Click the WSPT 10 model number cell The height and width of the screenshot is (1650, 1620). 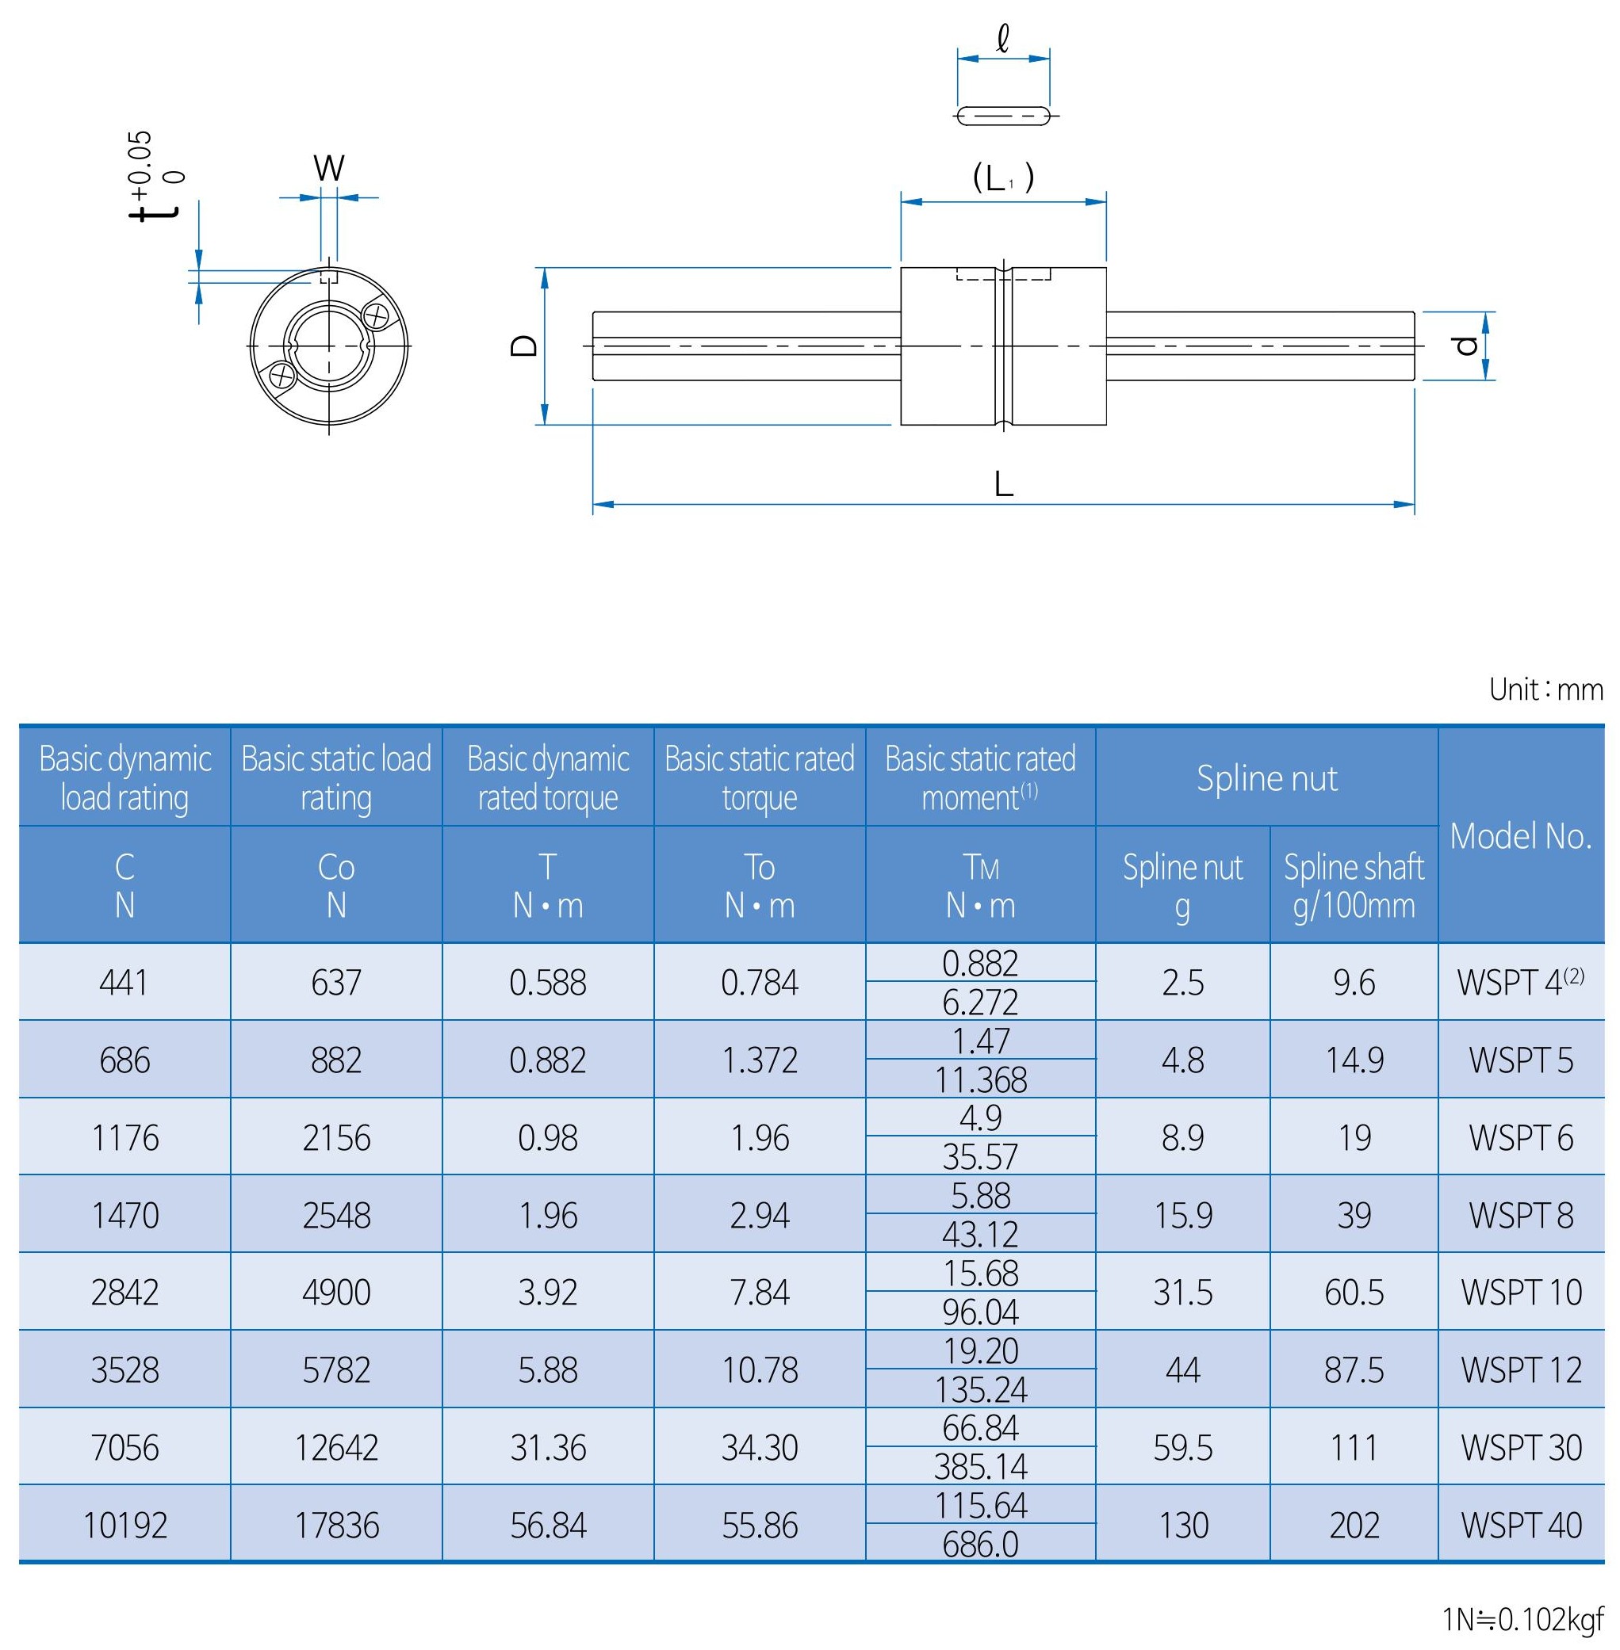pyautogui.click(x=1520, y=1293)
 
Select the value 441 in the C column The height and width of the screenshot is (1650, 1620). pyautogui.click(x=124, y=984)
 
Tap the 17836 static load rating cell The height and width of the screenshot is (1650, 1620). pyautogui.click(x=336, y=1526)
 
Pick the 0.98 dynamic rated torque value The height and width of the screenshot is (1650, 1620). pyautogui.click(x=547, y=1138)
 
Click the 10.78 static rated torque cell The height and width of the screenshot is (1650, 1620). pyautogui.click(x=759, y=1370)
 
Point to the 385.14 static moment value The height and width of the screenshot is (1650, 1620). pyautogui.click(x=980, y=1467)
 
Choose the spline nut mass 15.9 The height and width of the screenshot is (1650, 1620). pyautogui.click(x=1182, y=1216)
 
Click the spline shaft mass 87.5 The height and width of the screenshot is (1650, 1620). pyautogui.click(x=1354, y=1370)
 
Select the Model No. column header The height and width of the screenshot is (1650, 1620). pyautogui.click(x=1520, y=836)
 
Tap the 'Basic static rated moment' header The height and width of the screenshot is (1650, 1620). pyautogui.click(x=980, y=777)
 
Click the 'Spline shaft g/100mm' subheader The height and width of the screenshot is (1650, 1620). pyautogui.click(x=1354, y=885)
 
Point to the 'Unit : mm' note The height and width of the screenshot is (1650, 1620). pyautogui.click(x=1545, y=689)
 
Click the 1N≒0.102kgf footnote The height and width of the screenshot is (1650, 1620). pyautogui.click(x=1522, y=1620)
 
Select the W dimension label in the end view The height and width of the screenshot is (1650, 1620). pyautogui.click(x=328, y=168)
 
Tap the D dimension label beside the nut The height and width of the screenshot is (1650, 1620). pyautogui.click(x=525, y=346)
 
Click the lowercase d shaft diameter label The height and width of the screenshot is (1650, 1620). pyautogui.click(x=1465, y=346)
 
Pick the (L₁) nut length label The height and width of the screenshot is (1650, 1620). pyautogui.click(x=1003, y=178)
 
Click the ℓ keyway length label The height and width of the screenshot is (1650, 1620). pyautogui.click(x=1003, y=39)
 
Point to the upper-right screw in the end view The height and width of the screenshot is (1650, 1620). pyautogui.click(x=375, y=316)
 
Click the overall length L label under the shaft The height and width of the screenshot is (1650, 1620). pyautogui.click(x=1004, y=485)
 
